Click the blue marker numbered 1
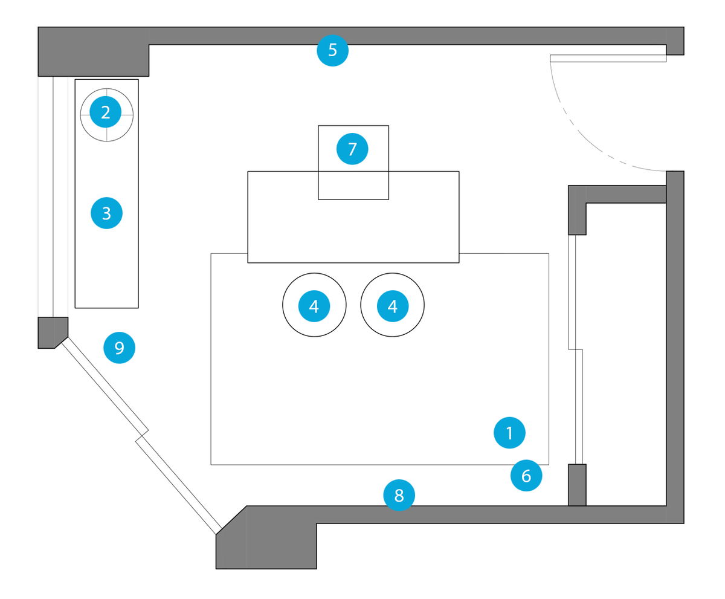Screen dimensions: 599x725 point(509,433)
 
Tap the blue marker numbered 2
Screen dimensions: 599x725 point(106,112)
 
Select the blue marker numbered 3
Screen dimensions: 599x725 point(106,213)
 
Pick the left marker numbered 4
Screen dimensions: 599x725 point(314,306)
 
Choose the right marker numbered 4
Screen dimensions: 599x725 point(393,306)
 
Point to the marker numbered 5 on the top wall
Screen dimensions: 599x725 point(332,50)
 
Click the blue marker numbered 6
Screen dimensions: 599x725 point(526,476)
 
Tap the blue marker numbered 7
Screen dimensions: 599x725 point(352,149)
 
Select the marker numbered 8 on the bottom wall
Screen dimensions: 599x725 point(399,496)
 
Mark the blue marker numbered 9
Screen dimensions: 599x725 point(119,348)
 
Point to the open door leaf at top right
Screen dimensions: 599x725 point(608,58)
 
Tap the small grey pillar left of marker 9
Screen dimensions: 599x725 point(51,332)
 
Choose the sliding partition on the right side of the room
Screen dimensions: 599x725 point(577,351)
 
